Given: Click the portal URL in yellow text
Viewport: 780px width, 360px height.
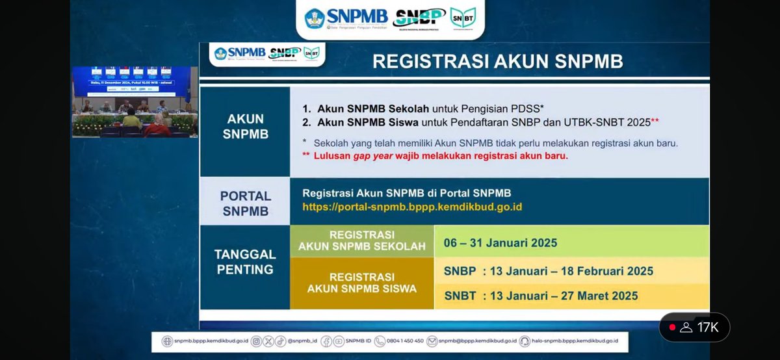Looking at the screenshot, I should (412, 207).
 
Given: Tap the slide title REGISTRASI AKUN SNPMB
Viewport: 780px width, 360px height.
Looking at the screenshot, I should (497, 61).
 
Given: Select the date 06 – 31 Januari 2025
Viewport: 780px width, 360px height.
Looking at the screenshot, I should (500, 243).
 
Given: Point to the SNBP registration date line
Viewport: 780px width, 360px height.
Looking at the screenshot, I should (549, 271).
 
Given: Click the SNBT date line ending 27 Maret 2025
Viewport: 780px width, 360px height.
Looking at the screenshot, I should (541, 296).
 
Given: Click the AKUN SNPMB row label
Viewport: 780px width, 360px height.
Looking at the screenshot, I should (245, 126).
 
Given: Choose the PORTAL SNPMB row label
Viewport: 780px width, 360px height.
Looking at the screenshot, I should (245, 203).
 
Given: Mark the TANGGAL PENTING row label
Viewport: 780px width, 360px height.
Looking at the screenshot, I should (245, 261).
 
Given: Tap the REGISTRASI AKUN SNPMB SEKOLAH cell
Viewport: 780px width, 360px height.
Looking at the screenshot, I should (361, 240).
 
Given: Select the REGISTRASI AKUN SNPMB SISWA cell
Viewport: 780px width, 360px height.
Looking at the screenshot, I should (361, 283).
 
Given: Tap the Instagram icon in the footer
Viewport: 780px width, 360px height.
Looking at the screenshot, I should (256, 341).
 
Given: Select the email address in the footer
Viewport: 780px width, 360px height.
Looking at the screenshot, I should (477, 341).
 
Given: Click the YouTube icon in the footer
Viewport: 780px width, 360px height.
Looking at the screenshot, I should (337, 341).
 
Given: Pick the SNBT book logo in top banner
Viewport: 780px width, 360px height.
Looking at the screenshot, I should (463, 18).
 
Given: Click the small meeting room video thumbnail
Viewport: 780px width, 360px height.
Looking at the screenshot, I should (135, 101).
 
